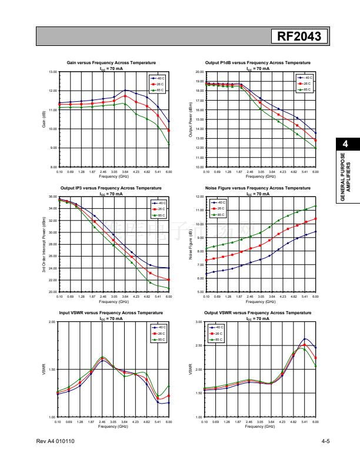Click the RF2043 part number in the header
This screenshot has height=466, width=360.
click(299, 37)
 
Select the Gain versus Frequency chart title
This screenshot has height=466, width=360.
click(111, 62)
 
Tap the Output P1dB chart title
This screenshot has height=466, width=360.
click(258, 62)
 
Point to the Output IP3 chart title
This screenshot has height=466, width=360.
click(111, 188)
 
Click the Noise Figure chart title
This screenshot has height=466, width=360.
click(258, 188)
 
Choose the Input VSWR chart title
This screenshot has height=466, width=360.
click(111, 313)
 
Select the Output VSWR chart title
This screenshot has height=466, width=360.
click(258, 313)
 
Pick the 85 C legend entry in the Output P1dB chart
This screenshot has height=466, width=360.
click(306, 89)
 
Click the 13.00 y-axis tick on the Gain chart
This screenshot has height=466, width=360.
click(52, 72)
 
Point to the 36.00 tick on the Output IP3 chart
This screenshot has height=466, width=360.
click(52, 197)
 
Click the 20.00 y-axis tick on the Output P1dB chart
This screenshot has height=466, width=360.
click(199, 72)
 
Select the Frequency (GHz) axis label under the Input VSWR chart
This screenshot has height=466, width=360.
click(114, 426)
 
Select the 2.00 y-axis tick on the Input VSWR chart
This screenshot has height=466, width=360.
click(52, 322)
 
